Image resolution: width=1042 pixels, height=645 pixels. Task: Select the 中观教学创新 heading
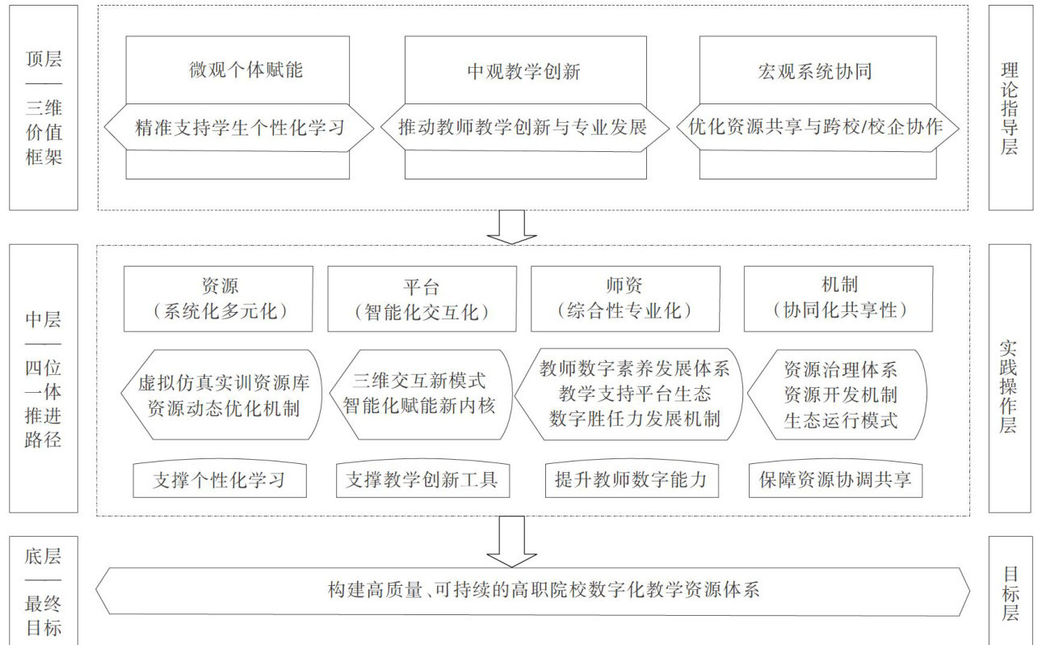524,71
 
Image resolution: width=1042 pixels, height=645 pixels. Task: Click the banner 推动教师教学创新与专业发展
524,127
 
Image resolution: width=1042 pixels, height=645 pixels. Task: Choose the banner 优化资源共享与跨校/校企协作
818,127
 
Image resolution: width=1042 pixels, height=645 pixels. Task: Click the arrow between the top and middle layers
512,226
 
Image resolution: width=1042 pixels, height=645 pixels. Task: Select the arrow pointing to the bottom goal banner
512,541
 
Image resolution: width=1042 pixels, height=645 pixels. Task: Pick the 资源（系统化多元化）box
218,298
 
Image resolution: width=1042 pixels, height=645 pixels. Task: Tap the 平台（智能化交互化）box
422,298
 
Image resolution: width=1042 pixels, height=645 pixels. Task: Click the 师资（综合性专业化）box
626,298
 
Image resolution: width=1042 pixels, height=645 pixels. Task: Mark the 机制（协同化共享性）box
838,298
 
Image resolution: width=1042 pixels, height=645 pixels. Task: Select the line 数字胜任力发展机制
634,419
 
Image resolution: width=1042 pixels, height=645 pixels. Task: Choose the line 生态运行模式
841,420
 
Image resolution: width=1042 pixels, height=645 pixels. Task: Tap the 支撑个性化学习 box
219,480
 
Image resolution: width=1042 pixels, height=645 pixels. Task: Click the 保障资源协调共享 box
835,480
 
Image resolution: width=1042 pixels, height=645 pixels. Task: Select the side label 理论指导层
1010,107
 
